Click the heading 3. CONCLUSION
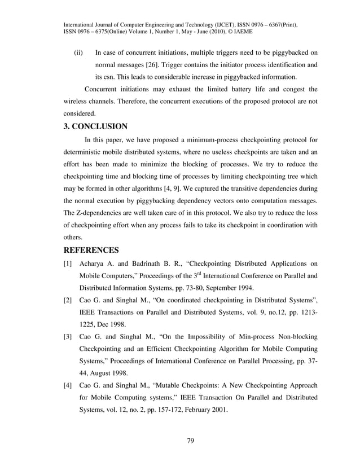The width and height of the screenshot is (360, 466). (95, 126)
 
